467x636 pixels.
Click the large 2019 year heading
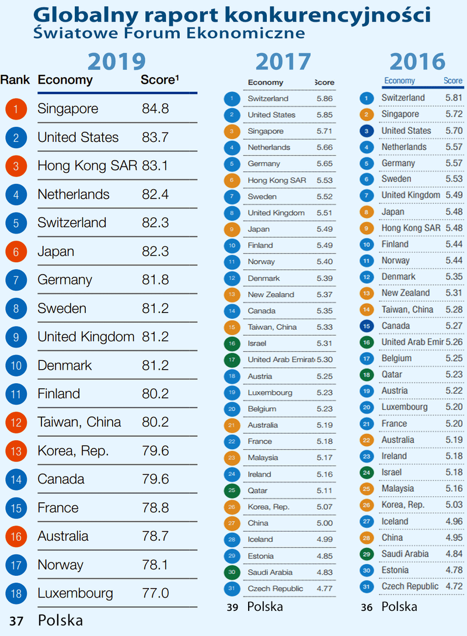pos(116,61)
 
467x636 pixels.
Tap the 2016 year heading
pos(417,61)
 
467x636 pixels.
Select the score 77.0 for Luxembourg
pos(155,593)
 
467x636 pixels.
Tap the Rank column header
pos(15,80)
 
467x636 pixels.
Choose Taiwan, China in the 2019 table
pos(79,422)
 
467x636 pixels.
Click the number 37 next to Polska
pos(16,621)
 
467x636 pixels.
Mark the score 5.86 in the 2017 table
pos(325,99)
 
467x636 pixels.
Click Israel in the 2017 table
pos(257,327)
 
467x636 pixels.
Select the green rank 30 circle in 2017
pos(232,572)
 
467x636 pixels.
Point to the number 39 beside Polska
pos(232,607)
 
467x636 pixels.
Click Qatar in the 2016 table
pos(393,374)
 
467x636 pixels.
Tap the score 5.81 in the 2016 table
pos(454,98)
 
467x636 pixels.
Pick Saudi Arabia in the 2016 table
pos(405,554)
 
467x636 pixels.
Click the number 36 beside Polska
pos(367,607)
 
